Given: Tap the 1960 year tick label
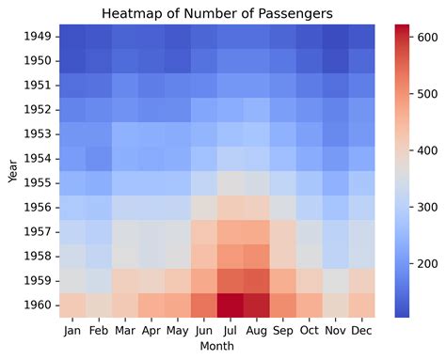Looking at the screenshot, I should tap(40, 306).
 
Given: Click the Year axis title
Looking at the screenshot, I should tap(12, 172).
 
